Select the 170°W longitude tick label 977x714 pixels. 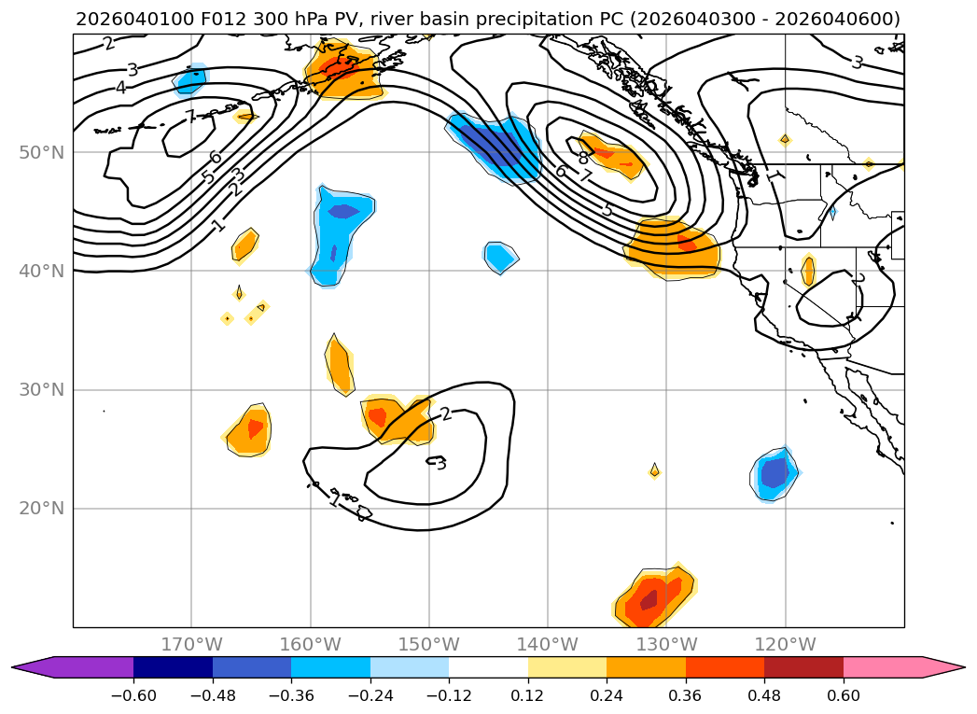tap(191, 644)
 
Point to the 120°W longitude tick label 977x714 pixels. tap(785, 644)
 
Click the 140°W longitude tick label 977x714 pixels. tap(548, 644)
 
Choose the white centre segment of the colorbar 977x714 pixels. tap(488, 666)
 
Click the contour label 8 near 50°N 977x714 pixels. tap(583, 159)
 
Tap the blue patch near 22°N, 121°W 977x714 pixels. tap(775, 474)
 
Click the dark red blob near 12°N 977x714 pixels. tap(649, 599)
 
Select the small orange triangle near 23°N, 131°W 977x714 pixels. tap(654, 471)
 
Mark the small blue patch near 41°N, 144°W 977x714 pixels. tap(500, 255)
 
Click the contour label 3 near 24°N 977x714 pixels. tap(440, 463)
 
